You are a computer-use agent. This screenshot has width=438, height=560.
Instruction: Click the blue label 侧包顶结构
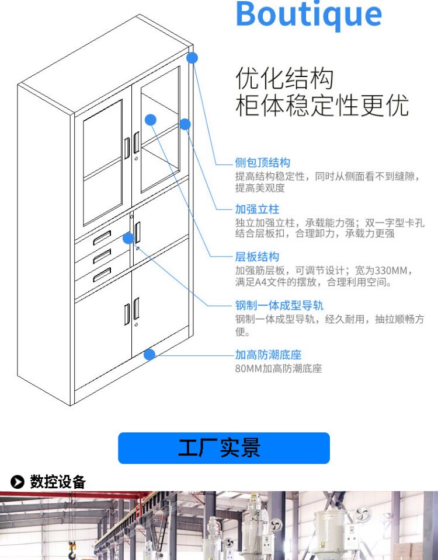coord(262,162)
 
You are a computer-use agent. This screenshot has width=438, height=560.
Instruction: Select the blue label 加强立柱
coord(257,209)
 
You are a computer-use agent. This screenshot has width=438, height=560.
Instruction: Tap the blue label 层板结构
coord(257,257)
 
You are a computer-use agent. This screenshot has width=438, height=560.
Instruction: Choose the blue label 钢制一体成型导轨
coord(279,305)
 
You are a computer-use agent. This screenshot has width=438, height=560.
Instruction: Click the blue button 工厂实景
coord(224,448)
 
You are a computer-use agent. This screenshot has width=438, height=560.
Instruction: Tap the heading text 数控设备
coord(58,482)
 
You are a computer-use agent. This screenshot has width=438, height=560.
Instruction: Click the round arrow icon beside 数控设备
coord(18,482)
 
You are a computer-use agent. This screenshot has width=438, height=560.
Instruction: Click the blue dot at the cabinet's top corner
coord(192,57)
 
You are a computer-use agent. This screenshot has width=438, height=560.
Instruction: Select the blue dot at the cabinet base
coord(150,354)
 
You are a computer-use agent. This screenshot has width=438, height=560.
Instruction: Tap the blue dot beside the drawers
coord(128,237)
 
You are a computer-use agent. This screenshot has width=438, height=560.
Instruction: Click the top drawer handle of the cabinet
coord(102,236)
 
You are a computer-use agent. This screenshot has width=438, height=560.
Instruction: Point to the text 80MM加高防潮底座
coord(278,369)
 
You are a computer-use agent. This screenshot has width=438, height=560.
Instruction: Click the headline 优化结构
coord(284,79)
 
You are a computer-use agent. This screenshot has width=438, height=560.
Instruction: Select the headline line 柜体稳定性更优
coord(322,106)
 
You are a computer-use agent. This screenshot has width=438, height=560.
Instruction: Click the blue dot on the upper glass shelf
coord(151,120)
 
